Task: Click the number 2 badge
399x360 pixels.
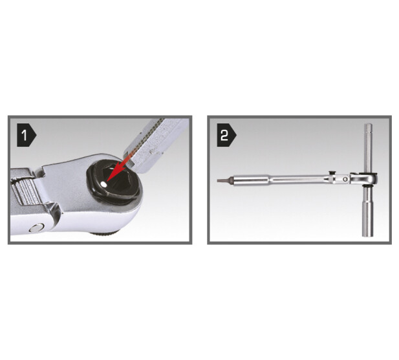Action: (x=226, y=135)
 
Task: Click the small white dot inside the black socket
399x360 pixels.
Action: (x=103, y=184)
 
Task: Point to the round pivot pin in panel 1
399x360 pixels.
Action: (x=37, y=228)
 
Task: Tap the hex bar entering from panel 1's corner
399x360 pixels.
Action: (x=155, y=145)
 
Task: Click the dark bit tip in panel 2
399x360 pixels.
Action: (x=222, y=180)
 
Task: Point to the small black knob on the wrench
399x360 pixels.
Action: (x=331, y=173)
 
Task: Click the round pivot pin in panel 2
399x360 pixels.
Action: (x=345, y=179)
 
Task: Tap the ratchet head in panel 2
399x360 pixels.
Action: (x=364, y=179)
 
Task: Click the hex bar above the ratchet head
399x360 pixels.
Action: (x=369, y=148)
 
